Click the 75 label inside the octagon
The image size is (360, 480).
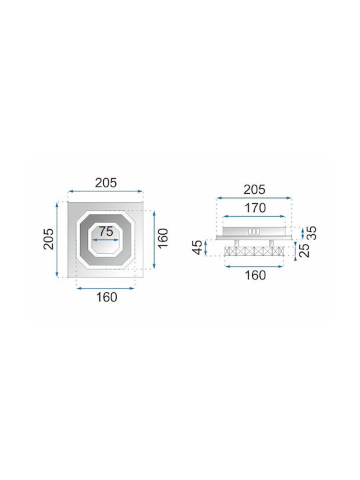(106, 231)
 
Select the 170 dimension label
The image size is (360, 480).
(255, 208)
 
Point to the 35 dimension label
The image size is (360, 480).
(311, 233)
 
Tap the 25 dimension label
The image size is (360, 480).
(304, 251)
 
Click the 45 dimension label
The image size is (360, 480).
(198, 247)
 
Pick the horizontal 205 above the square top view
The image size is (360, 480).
(106, 183)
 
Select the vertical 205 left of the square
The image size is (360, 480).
(49, 239)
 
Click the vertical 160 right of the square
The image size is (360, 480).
(163, 238)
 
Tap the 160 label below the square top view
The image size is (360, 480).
(107, 297)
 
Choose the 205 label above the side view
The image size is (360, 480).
(254, 190)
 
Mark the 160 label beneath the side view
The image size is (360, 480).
(255, 275)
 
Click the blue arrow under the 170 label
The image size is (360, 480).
(254, 217)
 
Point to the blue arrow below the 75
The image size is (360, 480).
(105, 240)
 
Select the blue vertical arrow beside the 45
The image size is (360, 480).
(206, 247)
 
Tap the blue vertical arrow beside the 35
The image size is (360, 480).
(303, 233)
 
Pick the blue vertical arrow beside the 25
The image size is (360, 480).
(295, 251)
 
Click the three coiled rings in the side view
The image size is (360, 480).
(254, 232)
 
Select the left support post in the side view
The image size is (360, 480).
(237, 243)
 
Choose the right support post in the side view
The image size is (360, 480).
(271, 243)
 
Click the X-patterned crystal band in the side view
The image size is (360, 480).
(254, 251)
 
